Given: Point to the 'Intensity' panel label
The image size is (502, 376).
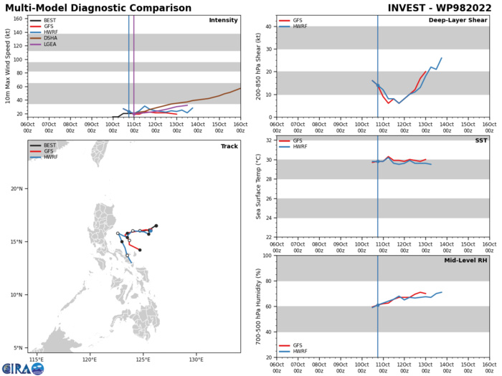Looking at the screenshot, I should (x=223, y=20).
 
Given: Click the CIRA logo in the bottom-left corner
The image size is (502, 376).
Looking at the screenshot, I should (x=22, y=368).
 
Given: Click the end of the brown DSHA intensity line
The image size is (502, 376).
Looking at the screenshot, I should (x=240, y=89).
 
